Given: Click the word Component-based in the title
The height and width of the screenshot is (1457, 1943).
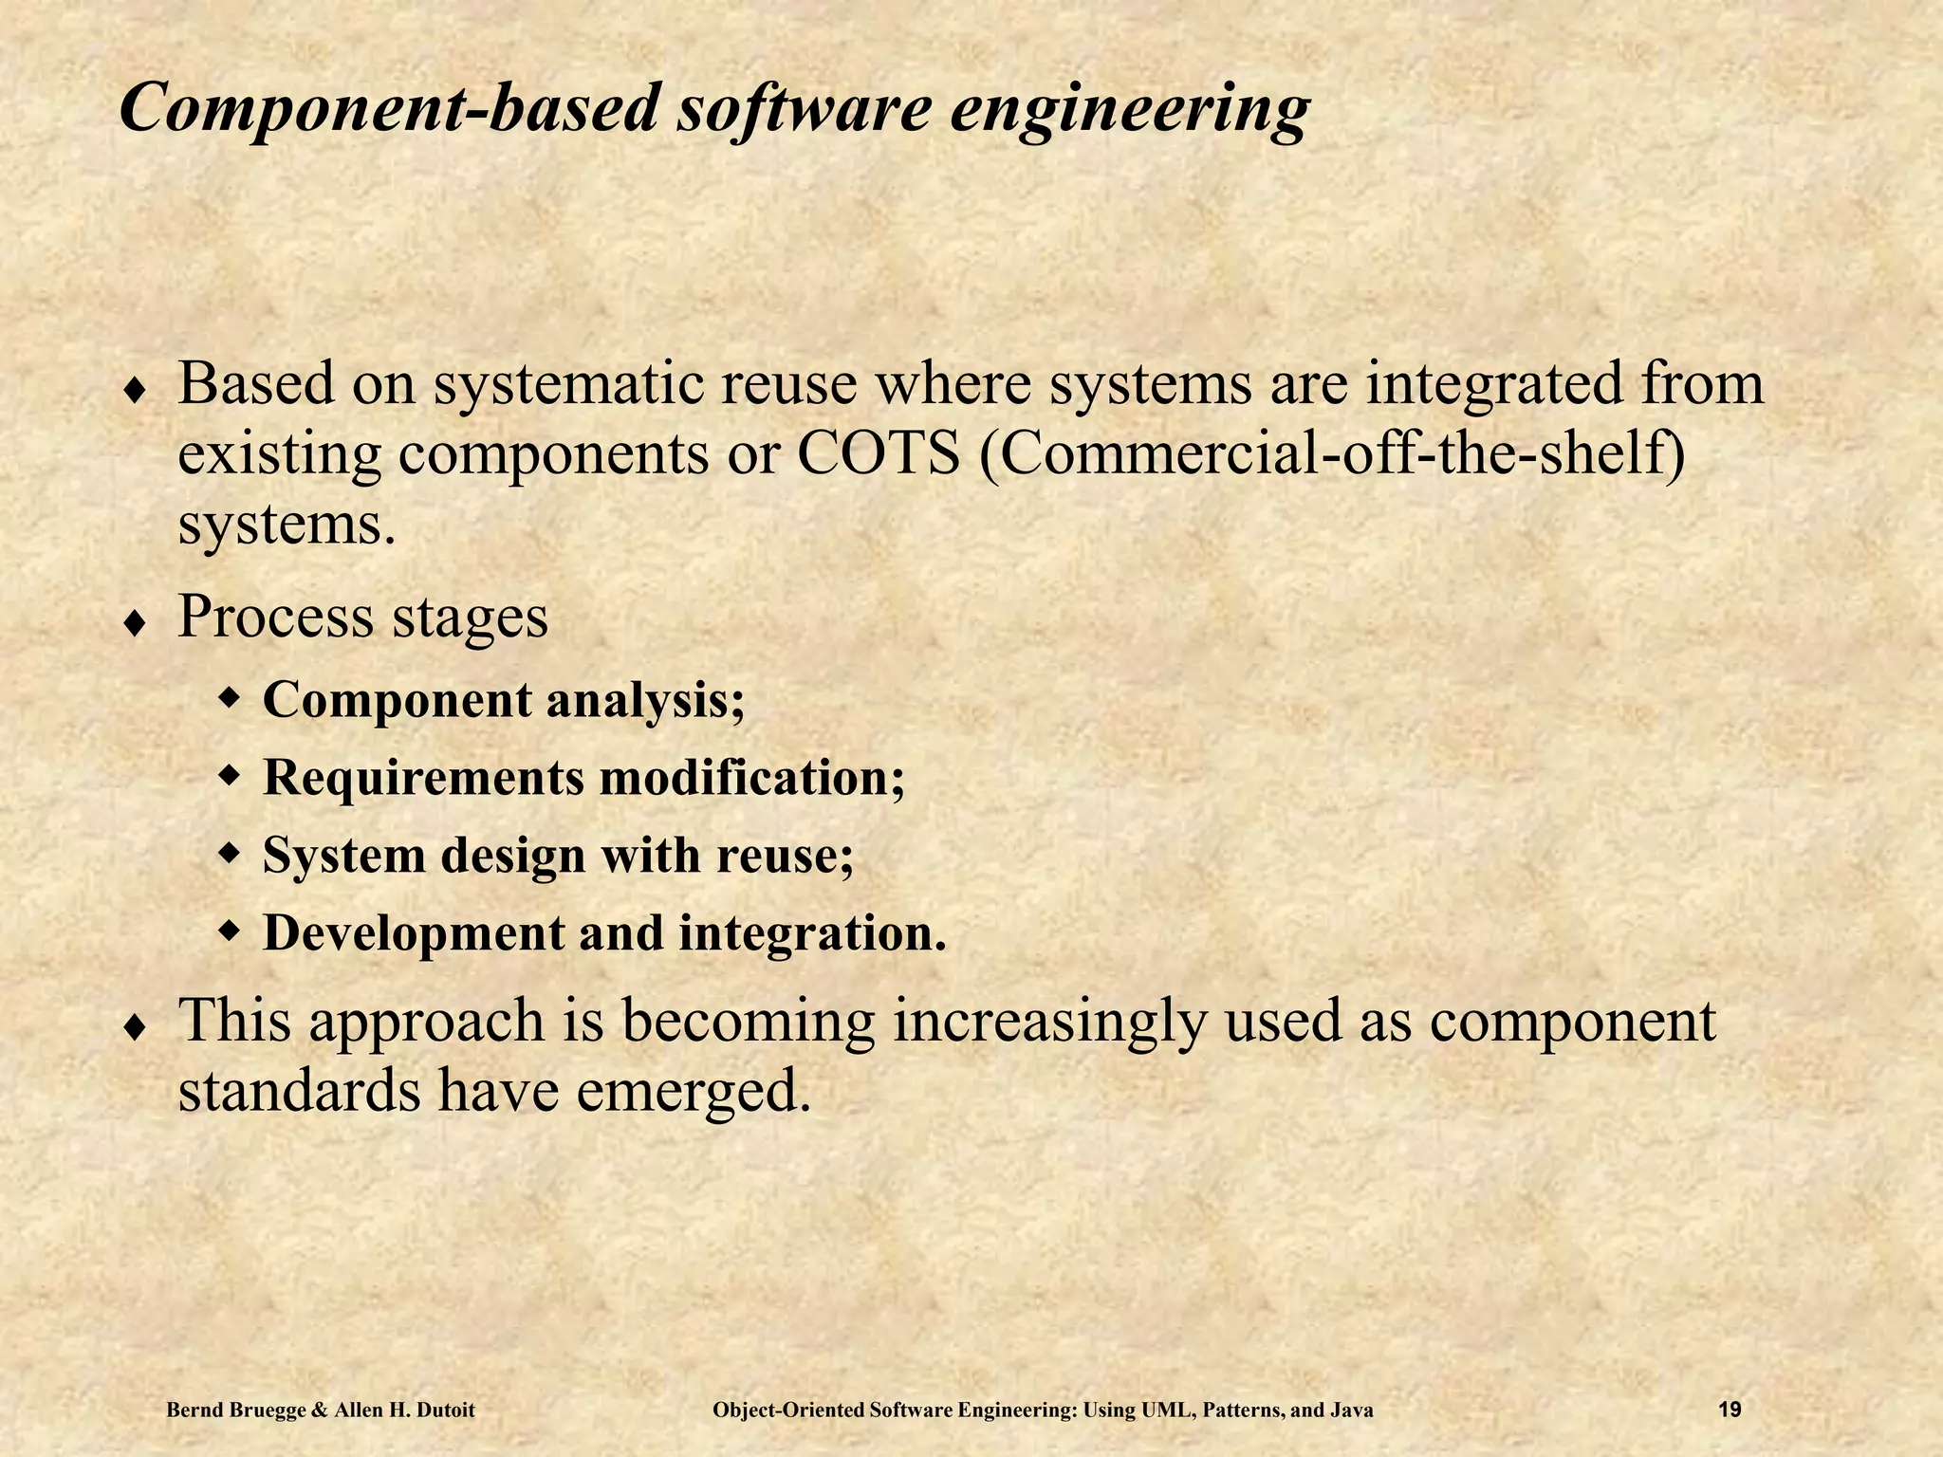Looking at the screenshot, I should click(388, 108).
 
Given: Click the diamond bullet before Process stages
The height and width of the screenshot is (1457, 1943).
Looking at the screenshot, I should click(136, 622).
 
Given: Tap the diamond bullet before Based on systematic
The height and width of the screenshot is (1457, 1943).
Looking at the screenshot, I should click(136, 390).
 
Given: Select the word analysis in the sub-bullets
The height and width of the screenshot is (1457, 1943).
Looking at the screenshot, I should click(645, 701).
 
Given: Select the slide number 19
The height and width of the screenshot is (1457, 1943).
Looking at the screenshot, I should click(1730, 1411).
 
